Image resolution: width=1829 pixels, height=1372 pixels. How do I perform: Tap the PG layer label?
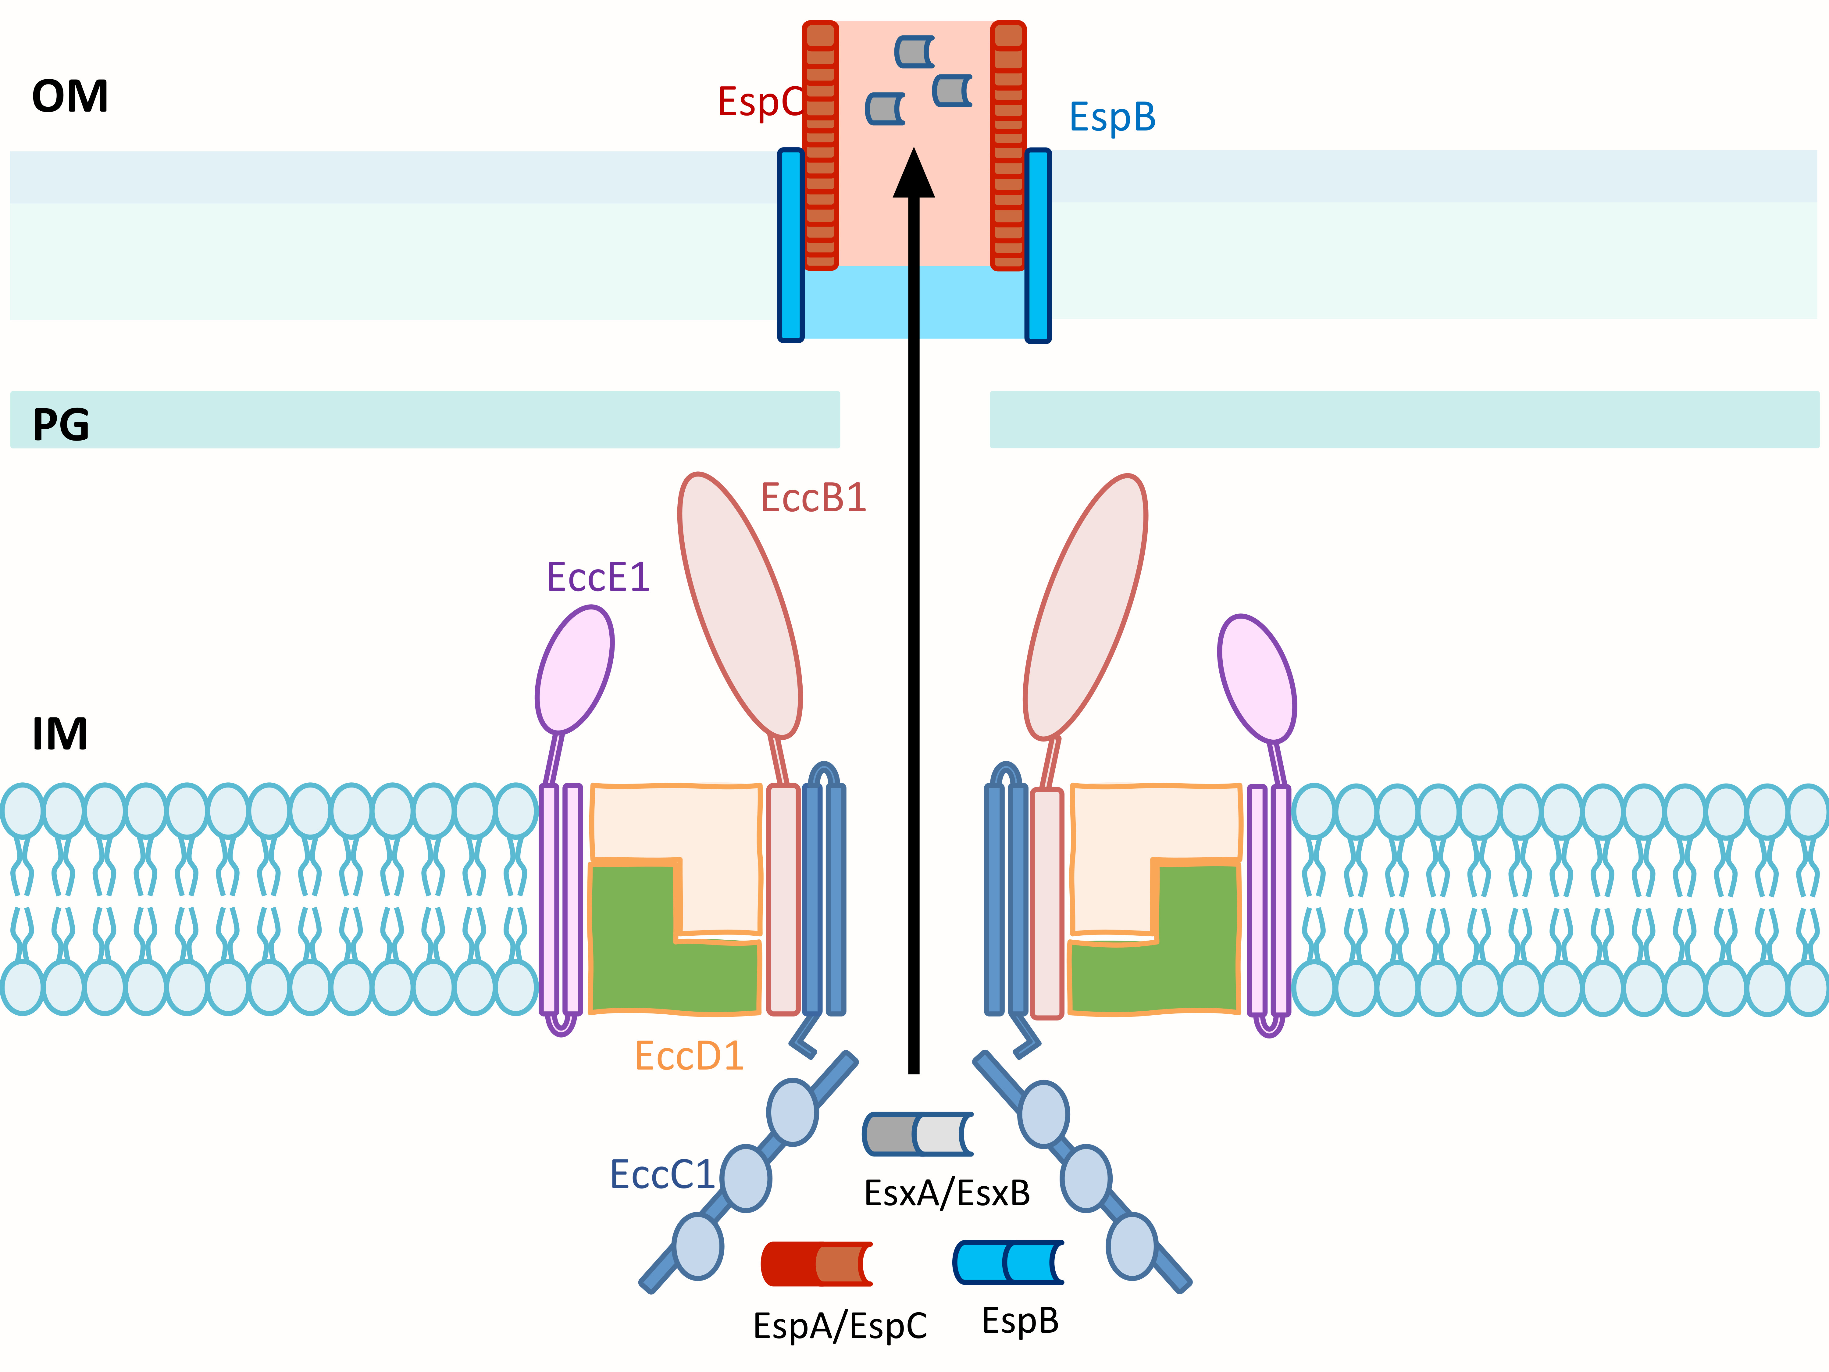(60, 425)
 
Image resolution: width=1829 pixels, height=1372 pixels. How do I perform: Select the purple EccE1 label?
(598, 577)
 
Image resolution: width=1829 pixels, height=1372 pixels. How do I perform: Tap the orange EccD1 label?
(689, 1056)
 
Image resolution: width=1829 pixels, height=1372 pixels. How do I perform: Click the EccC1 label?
(661, 1174)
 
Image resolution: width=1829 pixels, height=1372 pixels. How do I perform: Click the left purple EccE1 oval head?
(575, 670)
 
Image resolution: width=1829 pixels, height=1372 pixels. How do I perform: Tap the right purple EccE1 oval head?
(1256, 678)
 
